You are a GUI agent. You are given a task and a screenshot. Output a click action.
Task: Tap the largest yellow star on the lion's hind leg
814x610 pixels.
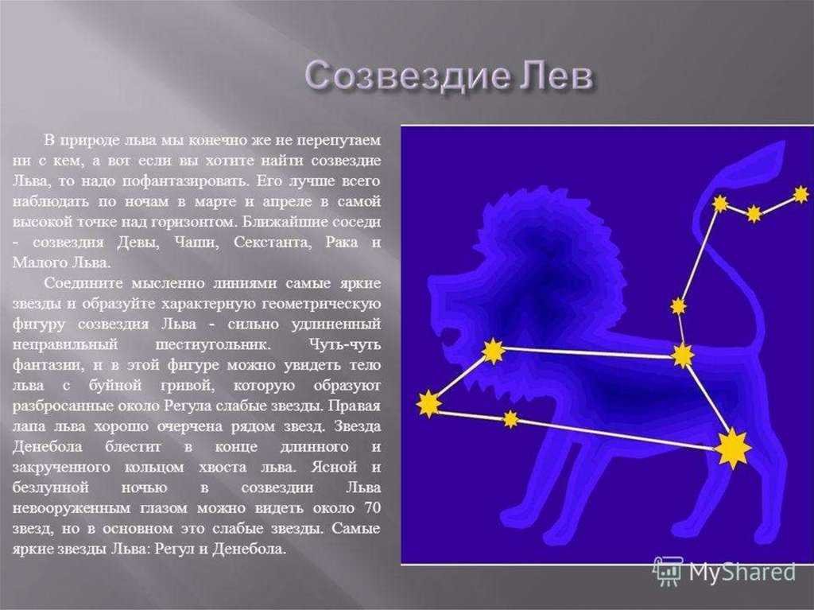732,448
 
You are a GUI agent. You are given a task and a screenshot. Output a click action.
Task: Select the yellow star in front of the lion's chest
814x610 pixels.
428,404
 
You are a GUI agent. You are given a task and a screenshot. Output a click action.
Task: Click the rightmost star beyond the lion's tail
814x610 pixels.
801,195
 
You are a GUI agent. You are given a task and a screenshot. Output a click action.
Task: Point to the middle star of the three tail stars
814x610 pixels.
754,213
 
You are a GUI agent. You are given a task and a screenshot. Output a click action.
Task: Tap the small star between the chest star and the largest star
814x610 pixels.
510,418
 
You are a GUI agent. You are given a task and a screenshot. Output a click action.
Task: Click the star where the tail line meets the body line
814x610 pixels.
683,356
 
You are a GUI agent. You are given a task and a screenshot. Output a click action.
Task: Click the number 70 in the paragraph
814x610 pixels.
372,507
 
